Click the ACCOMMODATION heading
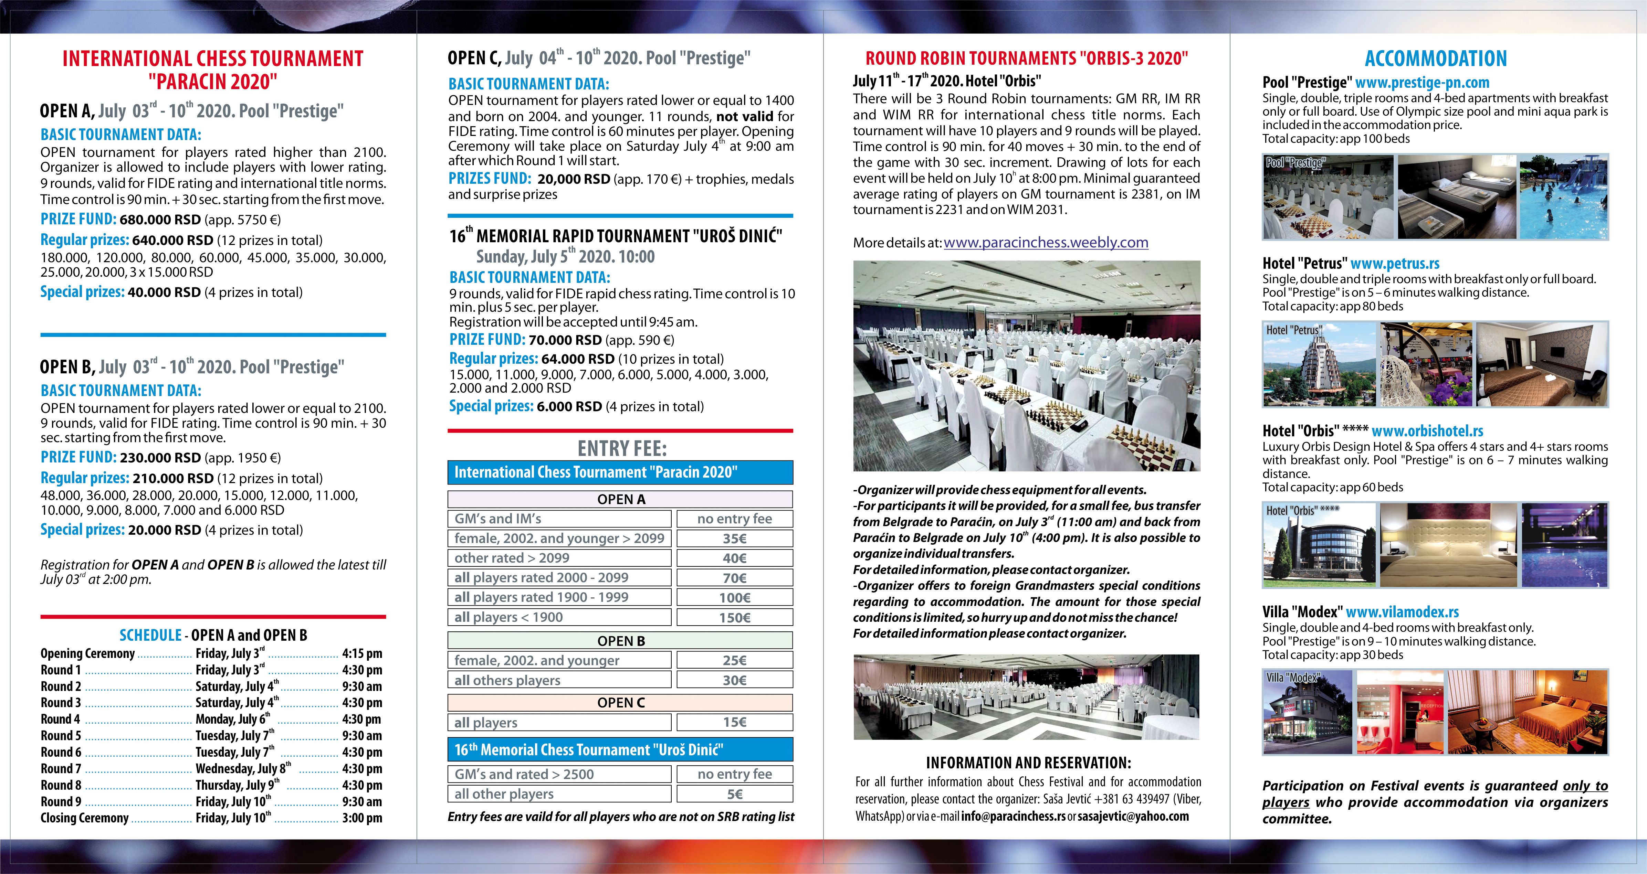click(x=1435, y=59)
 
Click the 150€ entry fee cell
click(x=735, y=617)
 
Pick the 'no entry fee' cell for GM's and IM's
click(x=735, y=519)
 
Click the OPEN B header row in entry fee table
click(x=620, y=641)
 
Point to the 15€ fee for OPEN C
click(x=735, y=723)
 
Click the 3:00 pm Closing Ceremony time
click(x=362, y=818)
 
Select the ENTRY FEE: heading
click(x=621, y=448)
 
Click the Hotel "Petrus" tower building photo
click(x=1319, y=365)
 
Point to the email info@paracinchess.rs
click(x=1013, y=817)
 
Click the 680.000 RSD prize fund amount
click(x=160, y=220)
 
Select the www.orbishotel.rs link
click(x=1427, y=431)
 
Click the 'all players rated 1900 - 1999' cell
click(x=559, y=597)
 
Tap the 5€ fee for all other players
click(x=735, y=794)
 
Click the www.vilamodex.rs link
click(x=1402, y=612)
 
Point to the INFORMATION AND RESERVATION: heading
click(x=1028, y=763)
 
